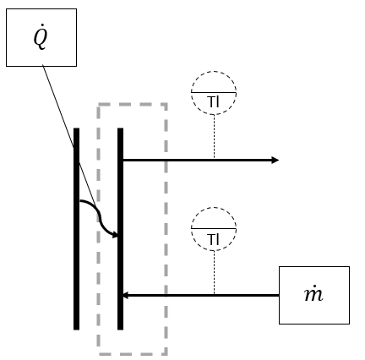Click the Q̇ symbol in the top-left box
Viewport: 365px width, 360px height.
tap(41, 38)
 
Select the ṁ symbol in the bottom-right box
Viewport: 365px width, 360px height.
tap(313, 295)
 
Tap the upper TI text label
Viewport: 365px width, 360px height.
tap(214, 103)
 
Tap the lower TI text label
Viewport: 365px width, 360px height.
tap(214, 239)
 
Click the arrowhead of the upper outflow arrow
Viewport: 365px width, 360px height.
tap(275, 160)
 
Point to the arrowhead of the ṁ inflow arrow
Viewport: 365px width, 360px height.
tap(125, 296)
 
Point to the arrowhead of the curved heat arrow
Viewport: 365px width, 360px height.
tap(115, 234)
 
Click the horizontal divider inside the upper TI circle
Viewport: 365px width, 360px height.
tap(214, 92)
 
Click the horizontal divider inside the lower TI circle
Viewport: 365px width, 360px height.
tap(214, 228)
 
